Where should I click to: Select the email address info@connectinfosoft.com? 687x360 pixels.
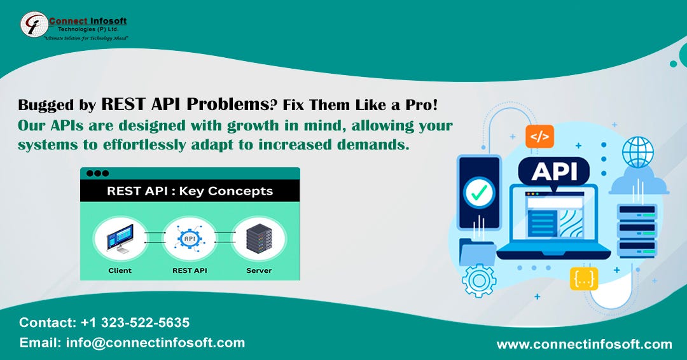[x=155, y=342]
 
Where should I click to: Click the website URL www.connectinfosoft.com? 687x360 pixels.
[x=584, y=344]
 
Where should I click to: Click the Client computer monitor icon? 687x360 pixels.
[x=120, y=240]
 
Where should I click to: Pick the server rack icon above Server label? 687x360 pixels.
[x=258, y=240]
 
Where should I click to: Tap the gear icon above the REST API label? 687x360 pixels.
[x=189, y=240]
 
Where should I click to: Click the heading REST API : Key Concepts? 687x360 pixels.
[x=190, y=190]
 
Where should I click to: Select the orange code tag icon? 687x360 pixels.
[x=539, y=136]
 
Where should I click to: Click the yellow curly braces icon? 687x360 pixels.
[x=584, y=279]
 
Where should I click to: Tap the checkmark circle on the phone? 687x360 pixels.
[x=480, y=191]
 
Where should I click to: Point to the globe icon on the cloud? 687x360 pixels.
[x=637, y=153]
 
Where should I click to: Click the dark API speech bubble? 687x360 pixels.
[x=554, y=170]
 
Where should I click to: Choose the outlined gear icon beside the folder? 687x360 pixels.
[x=478, y=280]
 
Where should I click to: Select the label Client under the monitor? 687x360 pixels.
[x=120, y=270]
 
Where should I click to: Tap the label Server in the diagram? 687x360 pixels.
[x=258, y=270]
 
